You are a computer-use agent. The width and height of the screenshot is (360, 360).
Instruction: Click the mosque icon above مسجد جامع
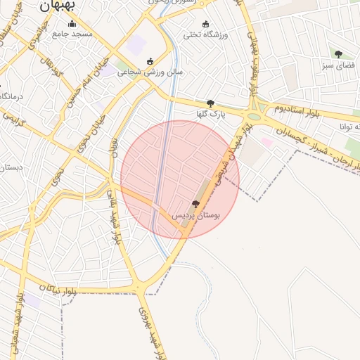point(72,23)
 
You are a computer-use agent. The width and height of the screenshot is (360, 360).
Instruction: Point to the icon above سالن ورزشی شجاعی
point(149,61)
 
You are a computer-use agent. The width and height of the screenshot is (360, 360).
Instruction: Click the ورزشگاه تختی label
point(204,34)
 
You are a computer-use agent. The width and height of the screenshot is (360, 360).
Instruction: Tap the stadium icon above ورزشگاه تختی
point(205,24)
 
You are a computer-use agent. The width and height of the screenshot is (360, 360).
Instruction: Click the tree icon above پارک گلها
point(210,103)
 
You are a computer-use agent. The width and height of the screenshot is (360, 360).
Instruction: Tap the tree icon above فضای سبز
point(338,54)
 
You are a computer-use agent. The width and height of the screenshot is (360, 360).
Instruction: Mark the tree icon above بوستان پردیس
point(195,204)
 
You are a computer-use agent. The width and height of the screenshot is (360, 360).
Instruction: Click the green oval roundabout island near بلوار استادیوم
point(254,117)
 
